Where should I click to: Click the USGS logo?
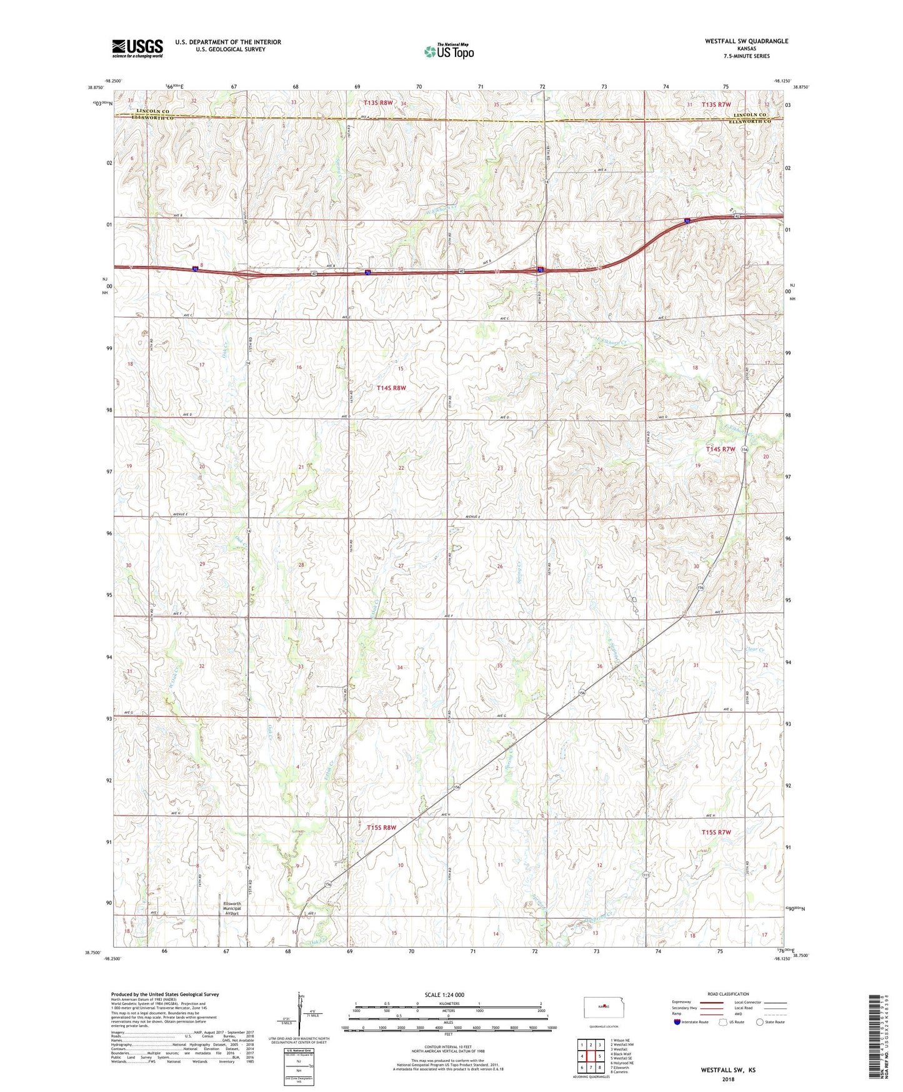[x=137, y=48]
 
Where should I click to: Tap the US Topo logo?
[x=449, y=51]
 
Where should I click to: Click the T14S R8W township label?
[x=391, y=388]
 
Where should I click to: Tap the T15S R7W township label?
[x=716, y=832]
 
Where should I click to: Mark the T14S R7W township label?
[x=721, y=449]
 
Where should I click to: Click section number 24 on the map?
[x=599, y=469]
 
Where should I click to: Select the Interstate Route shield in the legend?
[x=678, y=1022]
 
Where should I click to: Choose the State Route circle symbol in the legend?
[x=759, y=1022]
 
